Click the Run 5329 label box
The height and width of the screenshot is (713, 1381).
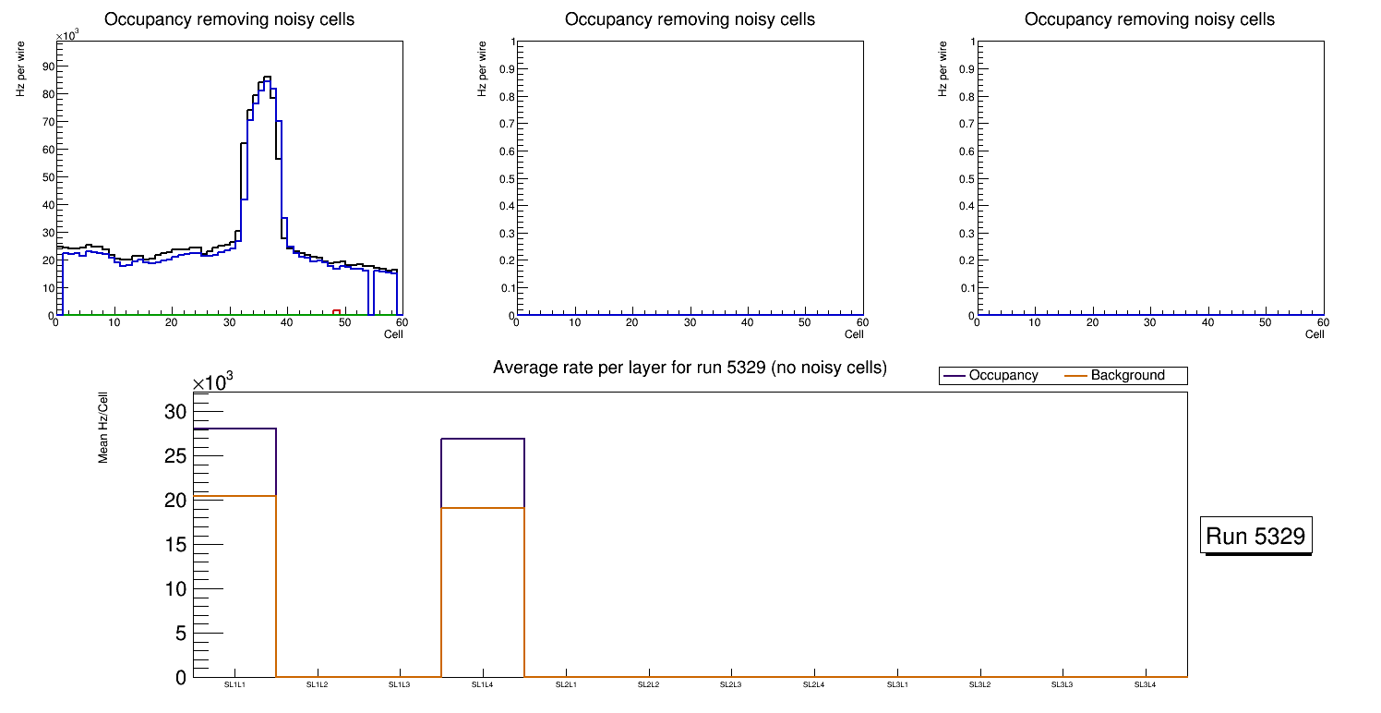point(1257,536)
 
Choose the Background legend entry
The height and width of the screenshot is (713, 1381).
point(1127,376)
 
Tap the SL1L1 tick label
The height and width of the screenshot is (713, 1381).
point(234,685)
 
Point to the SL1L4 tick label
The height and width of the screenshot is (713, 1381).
point(483,685)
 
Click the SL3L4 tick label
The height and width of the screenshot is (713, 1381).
point(1145,685)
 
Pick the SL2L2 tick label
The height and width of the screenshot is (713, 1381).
point(649,685)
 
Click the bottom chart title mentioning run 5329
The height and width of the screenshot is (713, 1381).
point(690,369)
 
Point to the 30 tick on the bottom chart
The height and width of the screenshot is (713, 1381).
point(175,411)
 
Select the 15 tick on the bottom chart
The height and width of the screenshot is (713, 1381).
point(175,544)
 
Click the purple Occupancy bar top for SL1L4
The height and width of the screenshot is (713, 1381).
point(483,439)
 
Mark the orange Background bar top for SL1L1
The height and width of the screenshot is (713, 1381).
point(234,496)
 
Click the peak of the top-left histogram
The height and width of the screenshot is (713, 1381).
point(267,78)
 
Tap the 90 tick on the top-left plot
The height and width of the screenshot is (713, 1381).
point(46,66)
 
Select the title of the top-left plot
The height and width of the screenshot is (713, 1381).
point(229,19)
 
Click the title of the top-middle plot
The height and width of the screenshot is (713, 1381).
point(690,19)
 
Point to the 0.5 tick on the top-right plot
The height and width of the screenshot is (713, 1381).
point(966,178)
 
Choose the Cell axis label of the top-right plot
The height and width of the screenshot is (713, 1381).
point(1315,334)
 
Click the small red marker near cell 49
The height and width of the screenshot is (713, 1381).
point(337,312)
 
